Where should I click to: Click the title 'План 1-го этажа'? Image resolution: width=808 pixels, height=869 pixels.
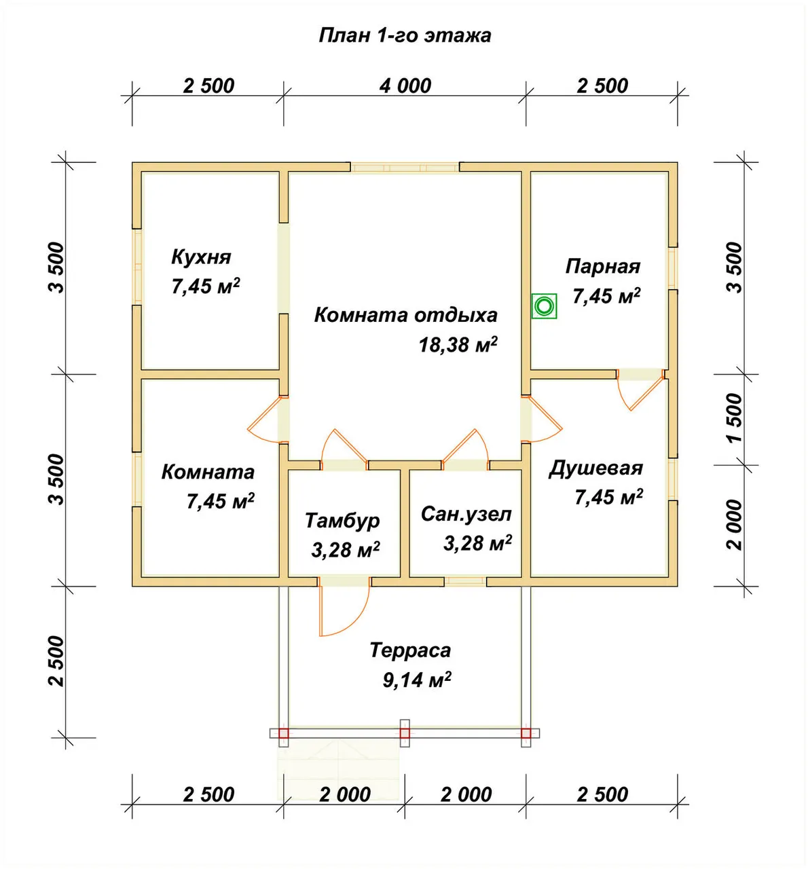click(x=405, y=35)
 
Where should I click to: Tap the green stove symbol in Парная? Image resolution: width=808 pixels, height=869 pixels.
click(x=544, y=306)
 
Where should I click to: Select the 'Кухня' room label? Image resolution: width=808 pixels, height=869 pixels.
click(x=201, y=257)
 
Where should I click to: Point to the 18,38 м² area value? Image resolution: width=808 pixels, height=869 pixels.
click(x=458, y=345)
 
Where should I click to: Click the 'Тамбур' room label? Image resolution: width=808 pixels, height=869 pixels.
click(x=342, y=521)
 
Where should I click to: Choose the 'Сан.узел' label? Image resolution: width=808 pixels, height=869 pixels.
click(x=466, y=514)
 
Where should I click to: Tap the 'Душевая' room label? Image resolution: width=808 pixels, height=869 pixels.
click(x=595, y=468)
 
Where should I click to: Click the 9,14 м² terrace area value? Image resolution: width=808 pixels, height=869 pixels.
click(x=417, y=680)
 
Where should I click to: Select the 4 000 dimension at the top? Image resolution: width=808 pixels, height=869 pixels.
click(x=405, y=86)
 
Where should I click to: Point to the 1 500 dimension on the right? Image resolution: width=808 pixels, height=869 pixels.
click(x=735, y=418)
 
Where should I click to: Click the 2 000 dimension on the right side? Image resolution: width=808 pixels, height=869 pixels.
click(x=735, y=525)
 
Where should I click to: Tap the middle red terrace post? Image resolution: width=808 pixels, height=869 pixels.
click(x=405, y=733)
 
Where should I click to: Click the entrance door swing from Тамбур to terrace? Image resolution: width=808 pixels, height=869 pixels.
click(x=344, y=609)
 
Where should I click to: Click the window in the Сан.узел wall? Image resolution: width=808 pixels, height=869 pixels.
click(x=465, y=581)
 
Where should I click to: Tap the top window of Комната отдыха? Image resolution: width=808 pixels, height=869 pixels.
click(x=405, y=167)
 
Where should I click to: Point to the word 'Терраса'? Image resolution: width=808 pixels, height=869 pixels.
click(x=410, y=650)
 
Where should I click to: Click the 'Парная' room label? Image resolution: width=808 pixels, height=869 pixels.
click(x=603, y=267)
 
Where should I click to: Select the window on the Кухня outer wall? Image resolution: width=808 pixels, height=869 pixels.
click(x=137, y=267)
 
